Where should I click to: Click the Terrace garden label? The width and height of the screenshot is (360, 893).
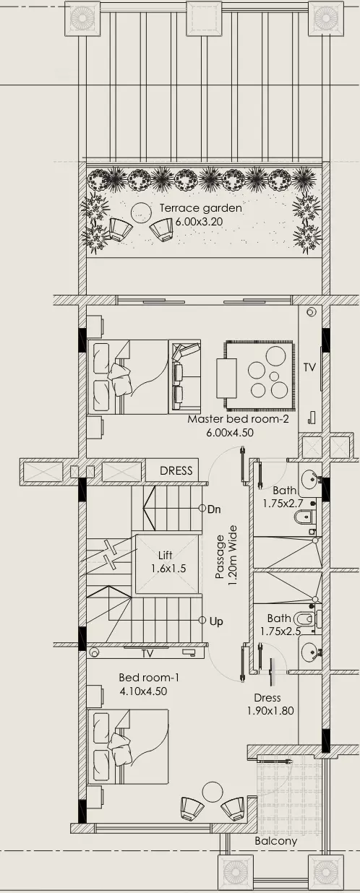[200, 208]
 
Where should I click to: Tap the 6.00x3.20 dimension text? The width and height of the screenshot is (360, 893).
[199, 222]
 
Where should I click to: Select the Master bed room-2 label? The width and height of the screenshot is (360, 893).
[238, 419]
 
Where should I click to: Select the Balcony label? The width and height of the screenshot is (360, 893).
[276, 841]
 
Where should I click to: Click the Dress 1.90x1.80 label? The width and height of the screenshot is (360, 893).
[270, 704]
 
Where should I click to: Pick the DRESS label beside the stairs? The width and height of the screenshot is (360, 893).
[176, 470]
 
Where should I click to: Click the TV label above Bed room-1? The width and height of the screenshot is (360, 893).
[147, 653]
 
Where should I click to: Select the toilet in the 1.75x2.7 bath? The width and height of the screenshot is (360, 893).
[305, 518]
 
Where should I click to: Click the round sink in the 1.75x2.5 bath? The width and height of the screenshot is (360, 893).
[309, 652]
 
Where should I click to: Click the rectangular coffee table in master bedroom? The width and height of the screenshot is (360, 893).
[227, 378]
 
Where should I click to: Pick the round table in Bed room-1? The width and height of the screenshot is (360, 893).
[211, 790]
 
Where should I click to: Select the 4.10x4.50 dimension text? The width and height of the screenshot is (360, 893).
[143, 691]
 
